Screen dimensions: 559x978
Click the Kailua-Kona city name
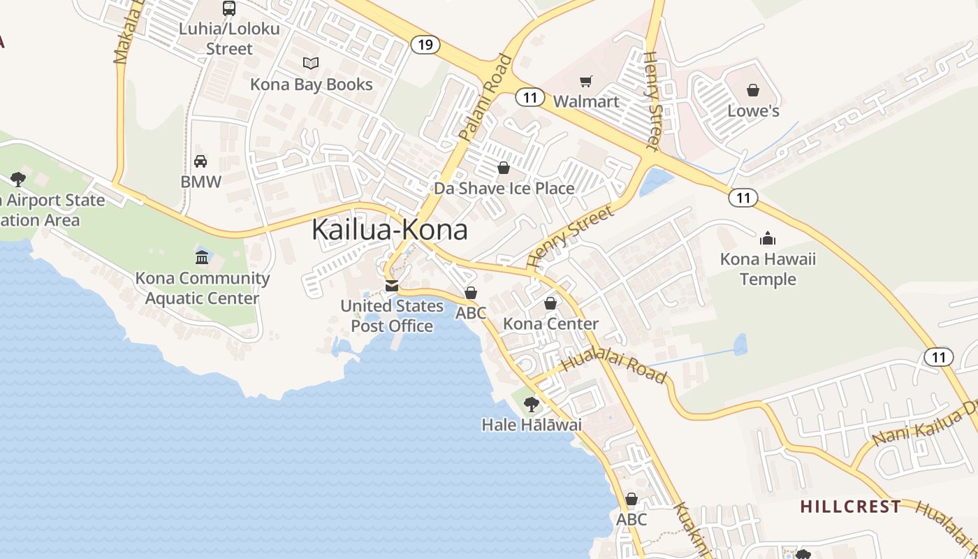389,229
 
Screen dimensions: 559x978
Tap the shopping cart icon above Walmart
586,82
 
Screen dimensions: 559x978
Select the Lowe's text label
753,110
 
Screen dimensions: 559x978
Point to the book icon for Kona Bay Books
311,64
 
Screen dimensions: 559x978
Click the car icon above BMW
200,161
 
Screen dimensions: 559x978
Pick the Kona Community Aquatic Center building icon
202,258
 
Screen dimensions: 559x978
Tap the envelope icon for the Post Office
392,286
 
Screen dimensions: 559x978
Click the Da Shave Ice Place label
504,188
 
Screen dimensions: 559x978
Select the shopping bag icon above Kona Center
550,303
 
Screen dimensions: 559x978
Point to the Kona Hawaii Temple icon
768,239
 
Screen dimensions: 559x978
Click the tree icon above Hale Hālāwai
532,404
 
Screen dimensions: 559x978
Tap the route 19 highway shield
424,45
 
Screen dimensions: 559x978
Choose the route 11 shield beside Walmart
530,97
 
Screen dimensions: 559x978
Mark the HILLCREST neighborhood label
850,506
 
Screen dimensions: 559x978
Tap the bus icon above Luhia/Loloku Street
228,8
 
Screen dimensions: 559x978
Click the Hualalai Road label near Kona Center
614,368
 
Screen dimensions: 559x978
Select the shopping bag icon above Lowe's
753,90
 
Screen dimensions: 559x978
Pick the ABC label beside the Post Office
471,313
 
